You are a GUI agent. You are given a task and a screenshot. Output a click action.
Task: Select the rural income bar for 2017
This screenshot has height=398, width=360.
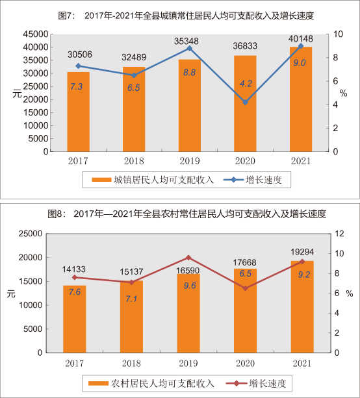click(x=75, y=319)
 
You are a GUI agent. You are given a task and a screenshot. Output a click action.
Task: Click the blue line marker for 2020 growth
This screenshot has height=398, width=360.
click(x=245, y=103)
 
